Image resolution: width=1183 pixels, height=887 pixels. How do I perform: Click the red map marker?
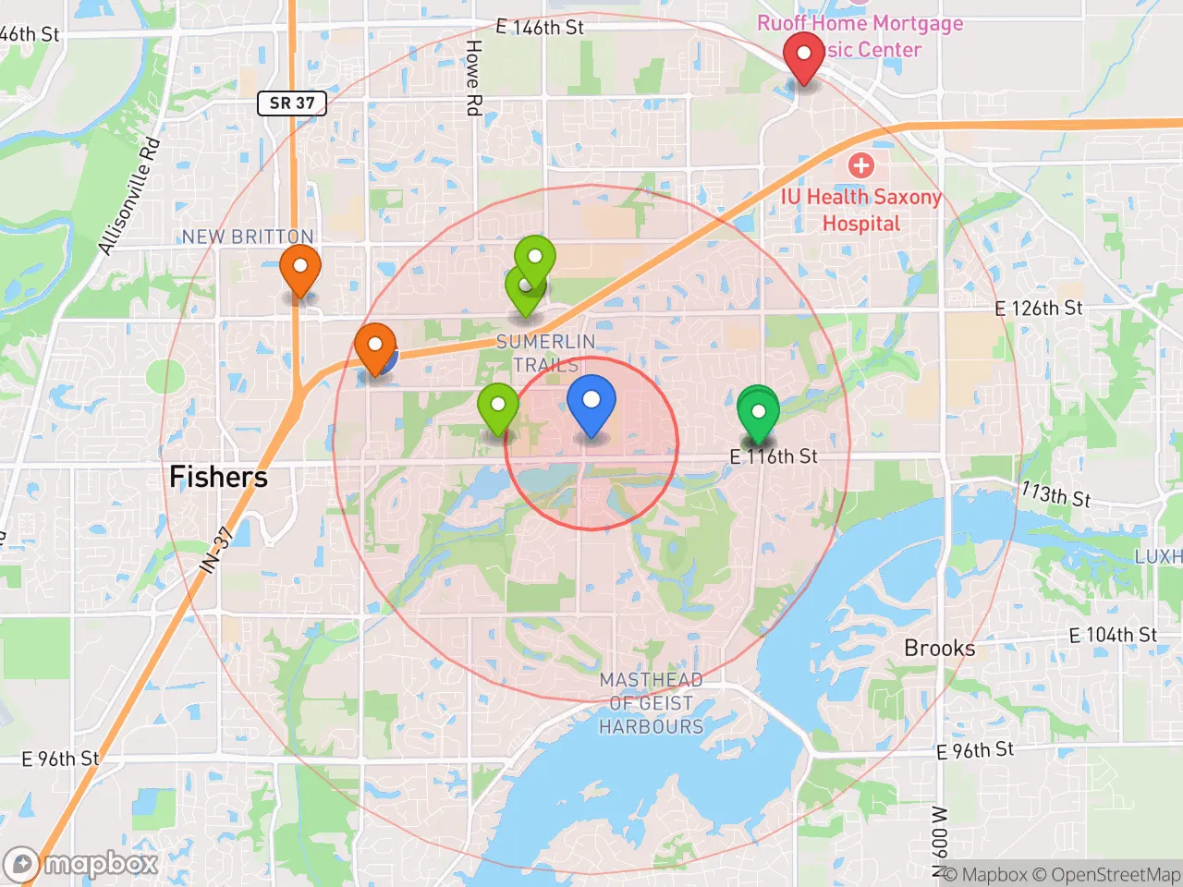(804, 55)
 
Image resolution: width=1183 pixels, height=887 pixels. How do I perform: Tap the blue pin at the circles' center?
(591, 401)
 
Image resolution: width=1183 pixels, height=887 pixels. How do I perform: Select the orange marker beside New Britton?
(300, 267)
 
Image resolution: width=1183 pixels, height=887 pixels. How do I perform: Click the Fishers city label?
(219, 477)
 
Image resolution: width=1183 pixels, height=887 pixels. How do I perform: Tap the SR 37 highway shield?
(292, 103)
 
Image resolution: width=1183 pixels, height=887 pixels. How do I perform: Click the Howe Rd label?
(473, 78)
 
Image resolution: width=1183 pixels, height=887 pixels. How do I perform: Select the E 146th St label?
(540, 28)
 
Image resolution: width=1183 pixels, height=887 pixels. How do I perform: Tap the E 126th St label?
(1038, 309)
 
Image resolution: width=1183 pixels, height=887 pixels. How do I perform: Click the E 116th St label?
(774, 456)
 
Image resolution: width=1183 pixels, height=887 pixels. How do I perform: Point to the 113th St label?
(1055, 495)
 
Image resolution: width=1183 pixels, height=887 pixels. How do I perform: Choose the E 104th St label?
(1113, 636)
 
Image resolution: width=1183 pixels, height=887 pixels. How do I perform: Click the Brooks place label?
(939, 648)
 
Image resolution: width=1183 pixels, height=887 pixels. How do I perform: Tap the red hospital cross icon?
(861, 165)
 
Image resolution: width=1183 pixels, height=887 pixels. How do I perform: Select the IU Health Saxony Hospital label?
(861, 210)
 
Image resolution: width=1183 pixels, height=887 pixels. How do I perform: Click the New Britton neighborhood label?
(248, 237)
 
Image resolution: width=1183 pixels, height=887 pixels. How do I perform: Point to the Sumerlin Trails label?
(545, 353)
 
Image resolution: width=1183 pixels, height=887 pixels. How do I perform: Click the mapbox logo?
(83, 864)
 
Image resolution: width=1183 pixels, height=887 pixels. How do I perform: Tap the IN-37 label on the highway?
(217, 551)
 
